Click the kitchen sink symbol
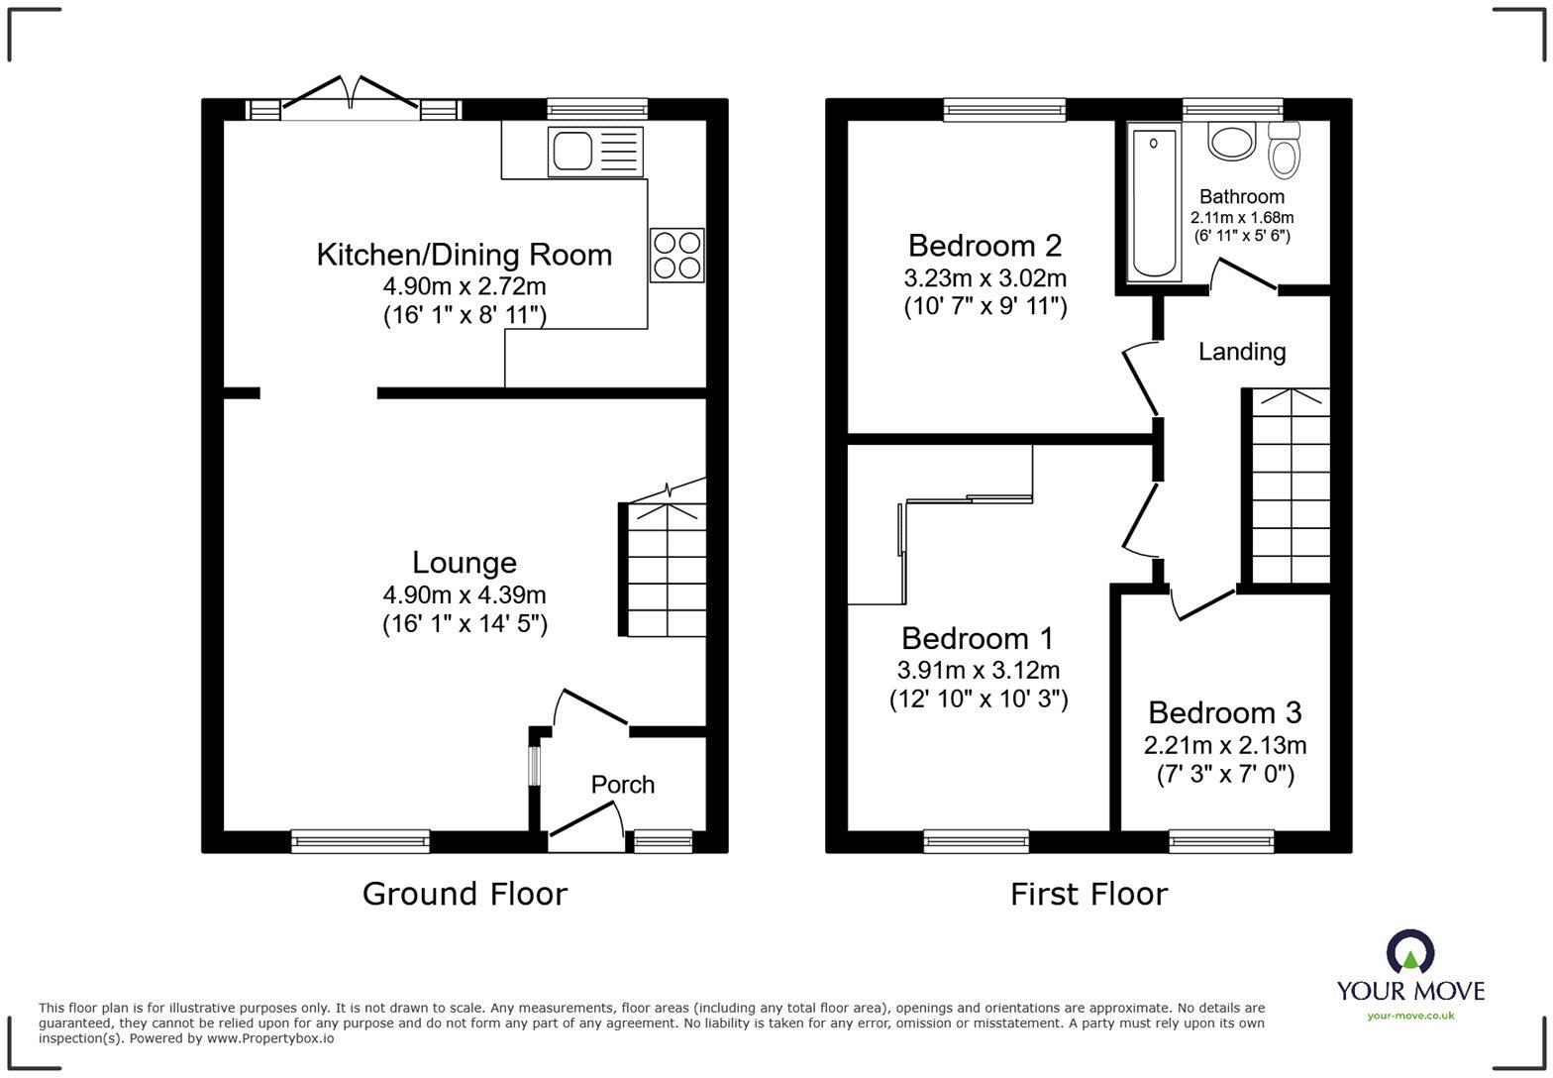point(595,152)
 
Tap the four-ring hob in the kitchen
point(677,255)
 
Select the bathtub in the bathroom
point(1154,201)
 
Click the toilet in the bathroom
point(1285,151)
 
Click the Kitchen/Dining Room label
point(464,255)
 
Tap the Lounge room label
point(464,563)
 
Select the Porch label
point(622,785)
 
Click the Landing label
point(1242,352)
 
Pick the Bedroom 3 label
point(1224,712)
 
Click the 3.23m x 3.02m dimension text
point(984,277)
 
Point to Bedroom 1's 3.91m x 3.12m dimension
point(978,671)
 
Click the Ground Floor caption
point(465,894)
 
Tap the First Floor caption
point(1088,894)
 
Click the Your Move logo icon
point(1409,952)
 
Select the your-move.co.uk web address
point(1410,1015)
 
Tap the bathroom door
point(1244,274)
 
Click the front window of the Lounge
point(361,841)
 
